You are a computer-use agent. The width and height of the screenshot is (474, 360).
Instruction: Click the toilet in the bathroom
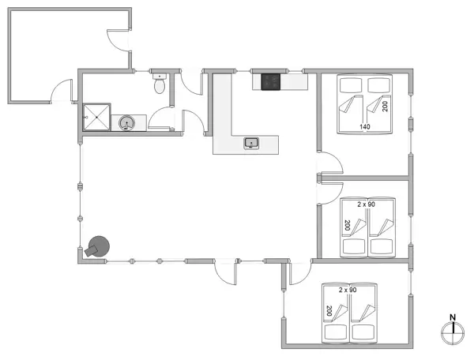pyautogui.click(x=161, y=83)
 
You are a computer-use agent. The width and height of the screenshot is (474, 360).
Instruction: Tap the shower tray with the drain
pyautogui.click(x=98, y=119)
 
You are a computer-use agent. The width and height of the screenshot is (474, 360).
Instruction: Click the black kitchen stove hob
pyautogui.click(x=271, y=81)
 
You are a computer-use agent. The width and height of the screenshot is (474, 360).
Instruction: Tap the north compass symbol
pyautogui.click(x=452, y=333)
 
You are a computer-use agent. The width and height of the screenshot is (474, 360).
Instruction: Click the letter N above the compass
pyautogui.click(x=452, y=317)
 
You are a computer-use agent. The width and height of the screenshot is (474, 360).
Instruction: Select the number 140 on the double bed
pyautogui.click(x=365, y=126)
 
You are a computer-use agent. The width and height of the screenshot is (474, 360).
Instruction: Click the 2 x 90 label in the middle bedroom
pyautogui.click(x=366, y=204)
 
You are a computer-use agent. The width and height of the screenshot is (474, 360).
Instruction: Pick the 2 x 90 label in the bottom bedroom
pyautogui.click(x=348, y=290)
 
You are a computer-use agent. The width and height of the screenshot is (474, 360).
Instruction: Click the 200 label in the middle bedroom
pyautogui.click(x=347, y=225)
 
